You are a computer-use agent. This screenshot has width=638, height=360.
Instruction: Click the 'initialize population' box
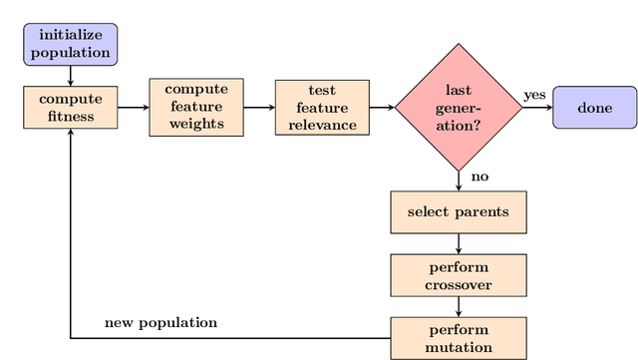click(x=70, y=44)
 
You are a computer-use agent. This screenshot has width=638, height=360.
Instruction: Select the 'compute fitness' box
click(x=70, y=108)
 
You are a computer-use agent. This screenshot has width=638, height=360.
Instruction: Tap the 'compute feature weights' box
click(x=196, y=108)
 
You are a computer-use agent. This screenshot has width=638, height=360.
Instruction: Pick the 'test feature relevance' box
click(x=321, y=108)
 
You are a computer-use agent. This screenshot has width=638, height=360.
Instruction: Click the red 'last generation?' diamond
click(x=459, y=108)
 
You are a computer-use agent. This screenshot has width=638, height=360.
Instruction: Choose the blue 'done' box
click(x=594, y=108)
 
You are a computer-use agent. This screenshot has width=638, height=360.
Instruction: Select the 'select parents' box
click(x=459, y=211)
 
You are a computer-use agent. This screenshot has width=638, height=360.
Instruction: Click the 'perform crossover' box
click(x=459, y=275)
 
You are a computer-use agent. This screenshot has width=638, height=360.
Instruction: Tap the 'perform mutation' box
click(x=459, y=339)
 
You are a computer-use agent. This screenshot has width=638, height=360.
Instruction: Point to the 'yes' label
click(x=534, y=95)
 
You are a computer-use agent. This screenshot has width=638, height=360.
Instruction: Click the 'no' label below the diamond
click(x=479, y=177)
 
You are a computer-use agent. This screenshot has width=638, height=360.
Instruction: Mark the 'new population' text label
click(x=160, y=323)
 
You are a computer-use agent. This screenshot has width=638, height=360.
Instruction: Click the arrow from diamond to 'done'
click(x=536, y=108)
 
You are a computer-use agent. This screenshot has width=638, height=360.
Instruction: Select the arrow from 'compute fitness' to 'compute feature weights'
click(x=133, y=108)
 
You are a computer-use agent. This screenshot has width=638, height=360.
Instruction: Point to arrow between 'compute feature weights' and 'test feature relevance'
click(x=259, y=108)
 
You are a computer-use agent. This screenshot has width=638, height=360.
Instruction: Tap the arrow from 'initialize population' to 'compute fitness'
click(x=70, y=76)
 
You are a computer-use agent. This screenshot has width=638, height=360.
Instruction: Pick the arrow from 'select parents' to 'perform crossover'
click(x=459, y=243)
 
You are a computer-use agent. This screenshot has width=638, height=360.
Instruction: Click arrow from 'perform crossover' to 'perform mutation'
click(x=459, y=307)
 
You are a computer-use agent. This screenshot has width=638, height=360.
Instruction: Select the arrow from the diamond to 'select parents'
click(x=459, y=180)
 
